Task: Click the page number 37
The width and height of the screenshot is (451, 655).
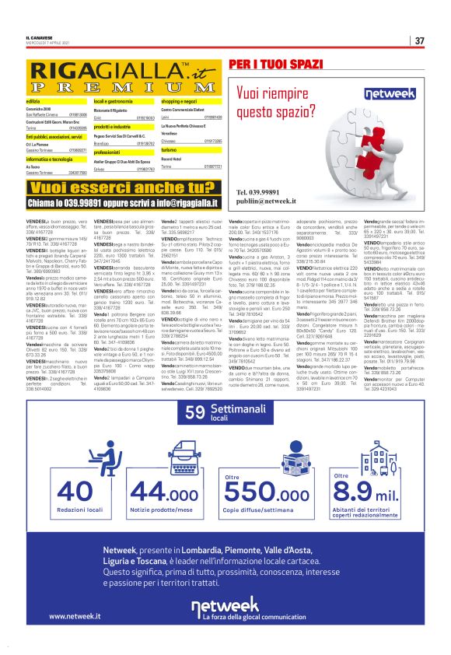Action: tap(419, 40)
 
